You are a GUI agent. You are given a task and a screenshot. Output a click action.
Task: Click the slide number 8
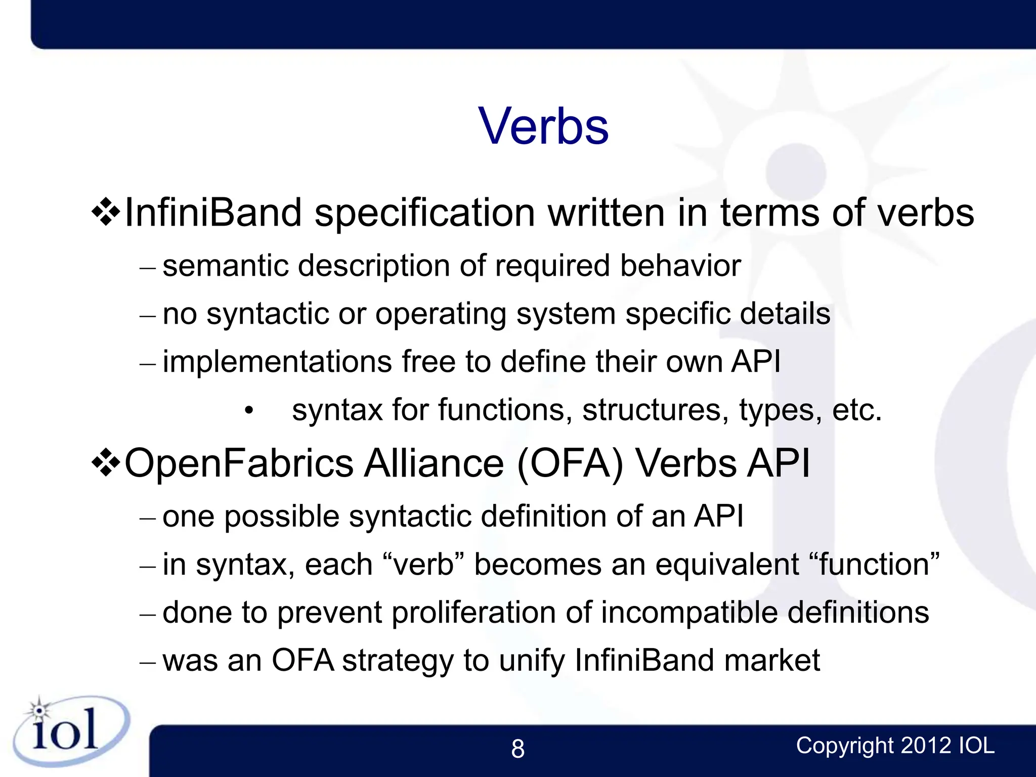tap(517, 749)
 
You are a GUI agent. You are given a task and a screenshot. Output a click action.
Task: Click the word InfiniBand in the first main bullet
tap(213, 212)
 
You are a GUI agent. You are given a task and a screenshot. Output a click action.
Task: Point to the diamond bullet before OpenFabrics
tap(106, 462)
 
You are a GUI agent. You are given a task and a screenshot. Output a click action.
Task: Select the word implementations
tap(277, 362)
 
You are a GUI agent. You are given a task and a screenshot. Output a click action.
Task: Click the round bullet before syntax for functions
tap(248, 411)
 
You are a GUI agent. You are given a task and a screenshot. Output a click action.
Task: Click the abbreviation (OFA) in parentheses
tap(570, 463)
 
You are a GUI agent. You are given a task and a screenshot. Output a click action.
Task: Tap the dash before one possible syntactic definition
tap(148, 519)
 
